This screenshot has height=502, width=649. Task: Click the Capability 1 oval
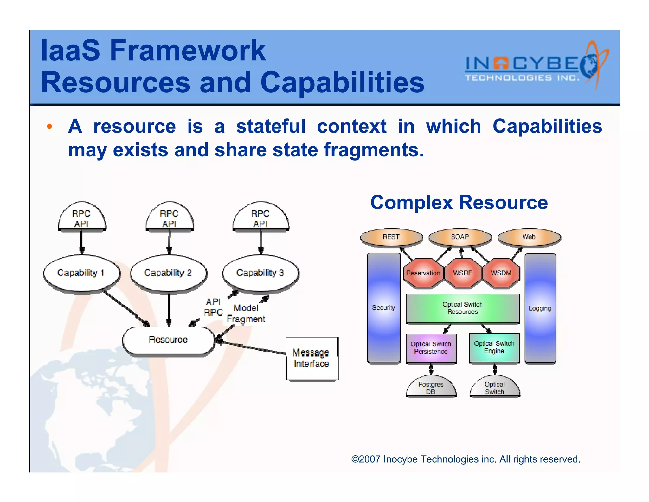pos(81,273)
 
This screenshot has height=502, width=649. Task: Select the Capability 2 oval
pos(168,273)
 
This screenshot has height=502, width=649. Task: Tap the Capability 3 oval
pos(260,273)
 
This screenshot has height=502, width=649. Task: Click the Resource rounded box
pos(168,340)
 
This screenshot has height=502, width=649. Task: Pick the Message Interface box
pos(312,358)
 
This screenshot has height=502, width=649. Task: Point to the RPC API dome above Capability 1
pos(81,217)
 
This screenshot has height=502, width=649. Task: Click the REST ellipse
pos(391,237)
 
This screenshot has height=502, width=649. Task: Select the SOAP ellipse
pos(460,237)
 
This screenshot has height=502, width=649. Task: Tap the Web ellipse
pos(529,237)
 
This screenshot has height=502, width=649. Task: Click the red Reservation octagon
pos(423,273)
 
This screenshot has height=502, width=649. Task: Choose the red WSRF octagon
pos(462,273)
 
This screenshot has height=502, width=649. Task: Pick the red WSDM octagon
pos(501,273)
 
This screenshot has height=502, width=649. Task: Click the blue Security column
pos(383,308)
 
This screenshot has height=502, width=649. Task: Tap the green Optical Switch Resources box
pos(462,308)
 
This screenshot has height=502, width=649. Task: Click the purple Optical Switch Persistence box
pos(431,348)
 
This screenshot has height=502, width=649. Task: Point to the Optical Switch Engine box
pos(494,347)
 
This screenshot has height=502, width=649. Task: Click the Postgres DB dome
pos(431,387)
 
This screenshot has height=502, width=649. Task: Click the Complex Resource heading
pos(459,202)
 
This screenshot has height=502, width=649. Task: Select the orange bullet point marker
pos(49,127)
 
